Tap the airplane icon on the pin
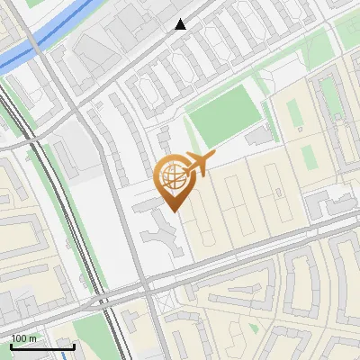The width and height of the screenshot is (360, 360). coord(196,164)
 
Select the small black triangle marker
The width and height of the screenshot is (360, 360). coord(181,24)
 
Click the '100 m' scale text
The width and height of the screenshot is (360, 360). coord(24,337)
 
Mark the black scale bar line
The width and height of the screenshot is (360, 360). coord(41,346)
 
